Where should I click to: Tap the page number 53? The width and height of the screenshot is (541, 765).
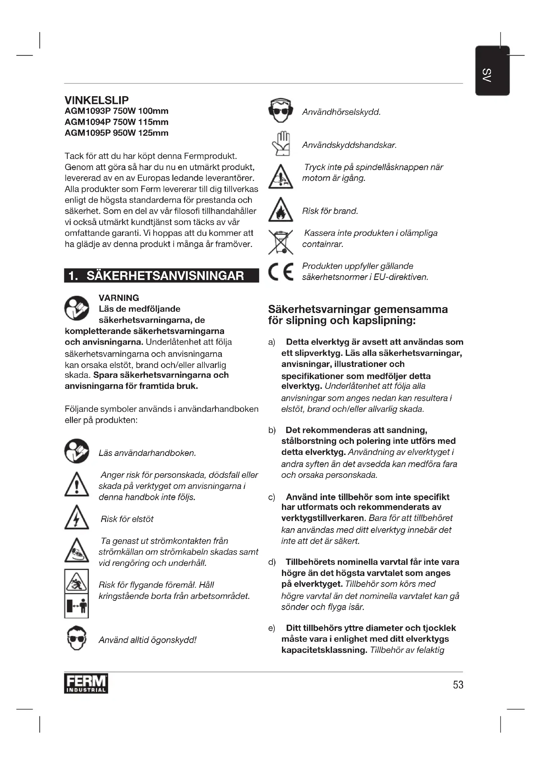[458, 685]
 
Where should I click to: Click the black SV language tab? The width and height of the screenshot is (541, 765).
[492, 71]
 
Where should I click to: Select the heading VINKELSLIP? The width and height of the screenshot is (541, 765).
[96, 100]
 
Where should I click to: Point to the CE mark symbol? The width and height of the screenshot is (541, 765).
[281, 272]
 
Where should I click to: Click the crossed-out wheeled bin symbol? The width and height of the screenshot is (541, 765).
[281, 242]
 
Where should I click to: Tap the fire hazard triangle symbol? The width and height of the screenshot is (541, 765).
[281, 210]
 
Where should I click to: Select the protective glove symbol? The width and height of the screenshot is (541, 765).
[281, 144]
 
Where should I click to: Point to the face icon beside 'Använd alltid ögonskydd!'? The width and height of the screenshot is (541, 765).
[77, 638]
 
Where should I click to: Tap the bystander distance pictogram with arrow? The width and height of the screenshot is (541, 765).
[77, 606]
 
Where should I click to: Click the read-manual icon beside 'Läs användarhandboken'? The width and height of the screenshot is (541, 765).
[77, 451]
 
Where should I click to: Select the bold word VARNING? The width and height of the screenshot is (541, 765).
[119, 298]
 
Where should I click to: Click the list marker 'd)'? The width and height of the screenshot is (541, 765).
[272, 562]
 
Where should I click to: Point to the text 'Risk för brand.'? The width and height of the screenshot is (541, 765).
[330, 211]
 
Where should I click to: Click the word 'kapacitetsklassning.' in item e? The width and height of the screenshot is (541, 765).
[324, 650]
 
